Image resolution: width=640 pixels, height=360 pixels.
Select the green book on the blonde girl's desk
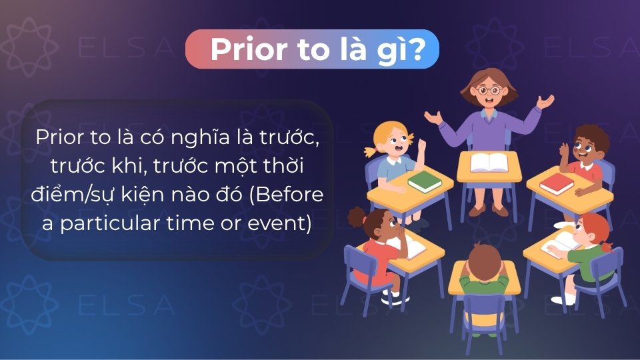click(424, 180)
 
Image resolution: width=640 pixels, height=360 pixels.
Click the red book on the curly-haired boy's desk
click(557, 184)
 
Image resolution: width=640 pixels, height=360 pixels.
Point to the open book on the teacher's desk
click(489, 162)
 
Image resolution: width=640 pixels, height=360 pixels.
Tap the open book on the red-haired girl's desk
click(560, 241)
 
